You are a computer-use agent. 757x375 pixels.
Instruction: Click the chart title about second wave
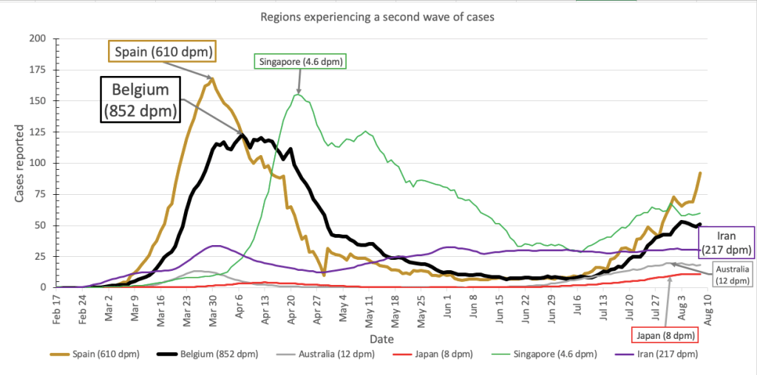pos(378,16)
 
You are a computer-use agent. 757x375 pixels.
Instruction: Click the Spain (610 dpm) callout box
pos(163,52)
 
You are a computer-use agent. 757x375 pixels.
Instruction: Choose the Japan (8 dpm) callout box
pos(663,335)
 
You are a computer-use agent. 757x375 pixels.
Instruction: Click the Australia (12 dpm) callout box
pos(732,275)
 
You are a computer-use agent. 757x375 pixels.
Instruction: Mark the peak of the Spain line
pos(213,78)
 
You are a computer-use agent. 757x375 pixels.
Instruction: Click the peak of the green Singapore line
pos(297,94)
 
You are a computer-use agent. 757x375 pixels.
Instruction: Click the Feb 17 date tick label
pos(57,309)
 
